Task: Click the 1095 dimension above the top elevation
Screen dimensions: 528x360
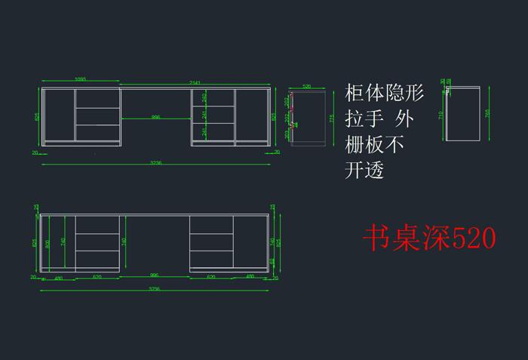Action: pyautogui.click(x=80, y=79)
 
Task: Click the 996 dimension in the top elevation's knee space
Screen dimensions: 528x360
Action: pyautogui.click(x=155, y=117)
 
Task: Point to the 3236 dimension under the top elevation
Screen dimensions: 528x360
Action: pyautogui.click(x=155, y=162)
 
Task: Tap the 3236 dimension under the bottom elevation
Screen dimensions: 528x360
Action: pyautogui.click(x=154, y=288)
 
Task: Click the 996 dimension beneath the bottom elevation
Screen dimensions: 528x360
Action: pyautogui.click(x=154, y=276)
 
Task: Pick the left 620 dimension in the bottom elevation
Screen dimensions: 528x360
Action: pyautogui.click(x=97, y=277)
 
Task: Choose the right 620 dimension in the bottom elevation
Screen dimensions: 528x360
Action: pyautogui.click(x=210, y=277)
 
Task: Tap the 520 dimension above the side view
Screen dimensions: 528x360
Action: pyautogui.click(x=307, y=87)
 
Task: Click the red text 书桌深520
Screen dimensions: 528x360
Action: pyautogui.click(x=429, y=239)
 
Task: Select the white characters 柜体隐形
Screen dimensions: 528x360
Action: pyautogui.click(x=385, y=94)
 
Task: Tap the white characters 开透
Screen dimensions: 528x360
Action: pyautogui.click(x=365, y=171)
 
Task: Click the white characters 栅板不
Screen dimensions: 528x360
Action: pyautogui.click(x=375, y=144)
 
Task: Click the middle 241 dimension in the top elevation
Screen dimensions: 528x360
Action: pyautogui.click(x=204, y=115)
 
